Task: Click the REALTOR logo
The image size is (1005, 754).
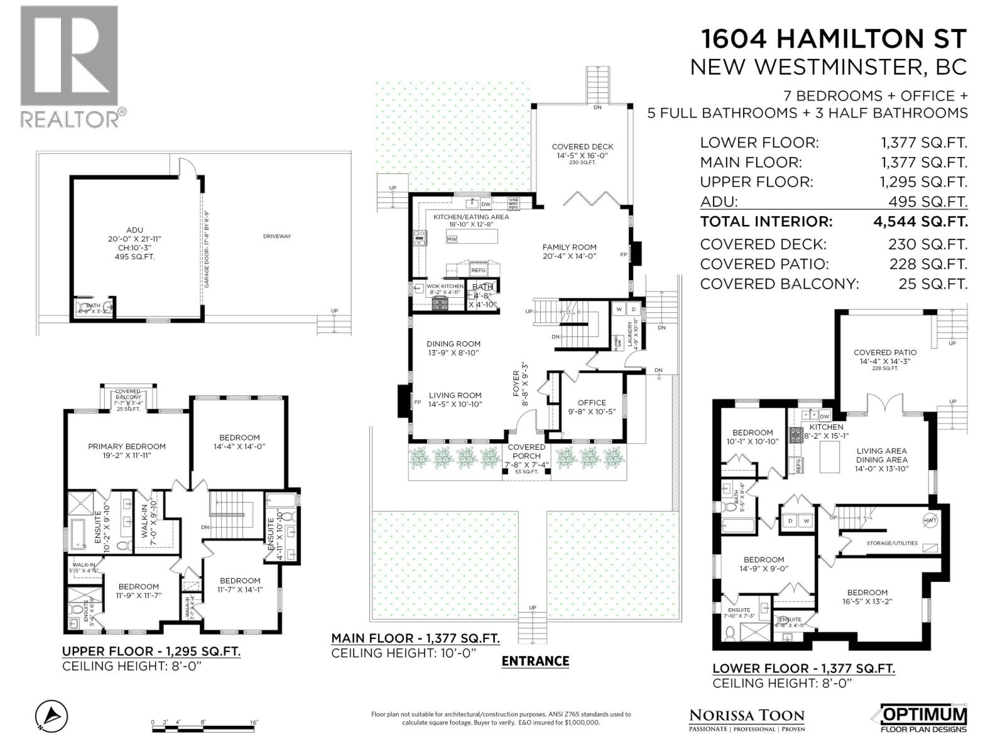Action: pos(69,66)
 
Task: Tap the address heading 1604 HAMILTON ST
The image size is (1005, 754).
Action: pos(833,39)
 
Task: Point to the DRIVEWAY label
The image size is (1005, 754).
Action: pos(277,236)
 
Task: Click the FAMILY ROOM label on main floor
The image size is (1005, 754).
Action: pos(569,247)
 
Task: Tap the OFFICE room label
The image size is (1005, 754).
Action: pos(592,403)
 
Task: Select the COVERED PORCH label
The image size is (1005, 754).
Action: pos(526,452)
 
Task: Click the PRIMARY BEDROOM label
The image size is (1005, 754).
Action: pos(127,447)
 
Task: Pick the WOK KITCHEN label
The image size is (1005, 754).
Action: pos(445,286)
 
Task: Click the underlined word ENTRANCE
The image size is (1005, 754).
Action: pos(535,661)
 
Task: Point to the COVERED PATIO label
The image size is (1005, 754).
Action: pos(884,352)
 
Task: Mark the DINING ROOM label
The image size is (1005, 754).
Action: pos(453,344)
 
